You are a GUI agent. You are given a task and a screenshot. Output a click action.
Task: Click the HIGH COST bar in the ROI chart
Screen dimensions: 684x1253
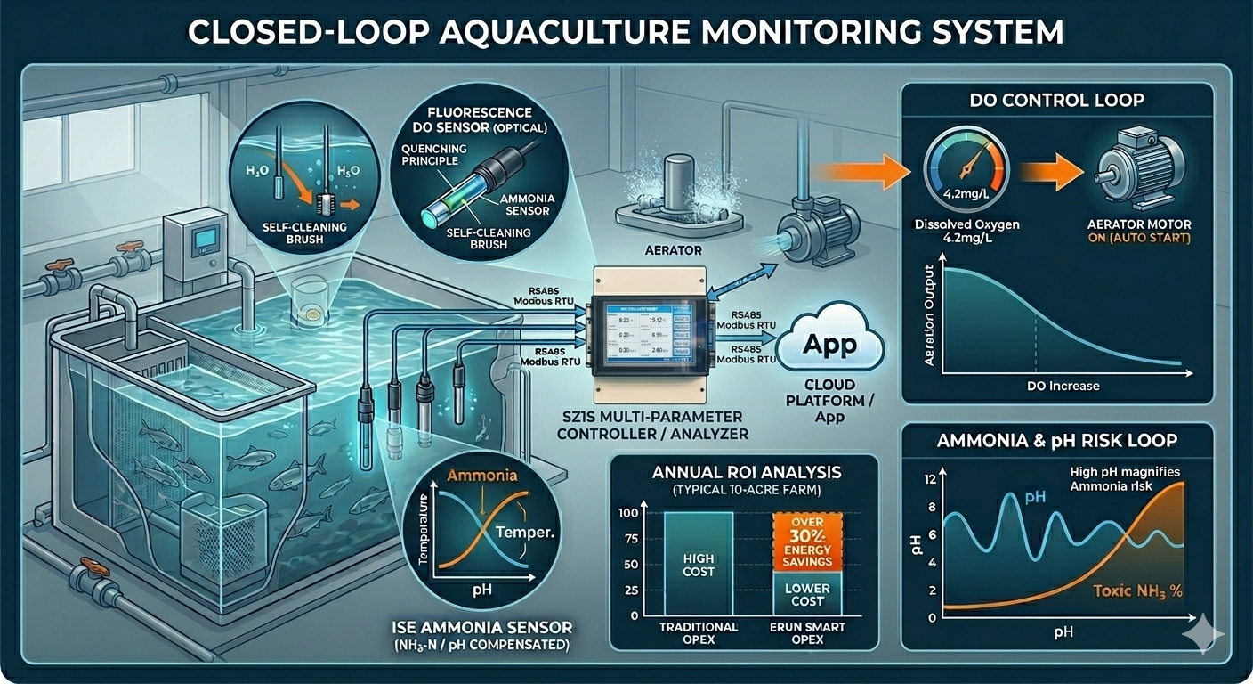pos(698,565)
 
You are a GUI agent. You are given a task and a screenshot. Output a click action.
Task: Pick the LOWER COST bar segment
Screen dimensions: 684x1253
pos(807,594)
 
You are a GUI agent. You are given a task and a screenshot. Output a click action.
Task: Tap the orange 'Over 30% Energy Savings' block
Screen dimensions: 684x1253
pos(807,542)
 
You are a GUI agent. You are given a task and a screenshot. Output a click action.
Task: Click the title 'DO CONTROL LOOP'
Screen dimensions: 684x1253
pos(1057,99)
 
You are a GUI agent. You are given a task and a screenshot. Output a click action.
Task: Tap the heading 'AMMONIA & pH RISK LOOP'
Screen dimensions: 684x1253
pos(1056,440)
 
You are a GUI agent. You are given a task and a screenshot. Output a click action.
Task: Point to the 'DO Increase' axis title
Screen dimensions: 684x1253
pos(1056,386)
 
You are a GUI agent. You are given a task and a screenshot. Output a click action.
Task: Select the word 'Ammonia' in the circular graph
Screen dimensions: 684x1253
pos(481,475)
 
